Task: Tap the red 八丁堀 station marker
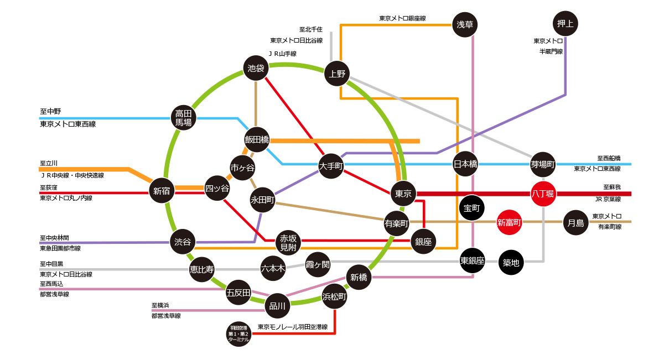tap(543, 193)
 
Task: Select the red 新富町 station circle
tap(509, 223)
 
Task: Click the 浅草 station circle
tap(465, 24)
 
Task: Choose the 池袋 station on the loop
tap(256, 69)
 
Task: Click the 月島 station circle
tap(575, 223)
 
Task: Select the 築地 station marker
tap(511, 263)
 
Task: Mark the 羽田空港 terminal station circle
tap(239, 334)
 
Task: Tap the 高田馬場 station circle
tap(183, 117)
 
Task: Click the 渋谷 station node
tap(183, 242)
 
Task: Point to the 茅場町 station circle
tap(543, 164)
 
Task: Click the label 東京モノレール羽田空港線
tap(292, 327)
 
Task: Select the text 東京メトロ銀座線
tap(402, 18)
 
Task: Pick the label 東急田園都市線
tap(60, 249)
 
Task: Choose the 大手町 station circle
tap(331, 165)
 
